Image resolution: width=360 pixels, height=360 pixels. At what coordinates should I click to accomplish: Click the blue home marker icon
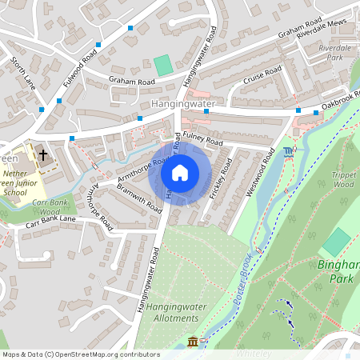180,173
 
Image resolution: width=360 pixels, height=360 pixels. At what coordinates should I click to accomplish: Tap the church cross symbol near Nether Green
42,154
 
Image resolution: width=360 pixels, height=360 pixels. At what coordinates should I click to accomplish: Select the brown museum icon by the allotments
192,342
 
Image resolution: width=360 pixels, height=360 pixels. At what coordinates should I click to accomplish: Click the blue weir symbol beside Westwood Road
288,152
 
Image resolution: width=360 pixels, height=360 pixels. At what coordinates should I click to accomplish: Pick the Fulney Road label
202,138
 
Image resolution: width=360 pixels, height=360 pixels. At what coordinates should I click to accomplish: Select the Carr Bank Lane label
50,220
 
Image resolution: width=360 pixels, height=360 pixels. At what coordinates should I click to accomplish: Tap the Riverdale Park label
335,53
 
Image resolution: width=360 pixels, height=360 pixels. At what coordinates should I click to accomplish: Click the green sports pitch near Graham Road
163,66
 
